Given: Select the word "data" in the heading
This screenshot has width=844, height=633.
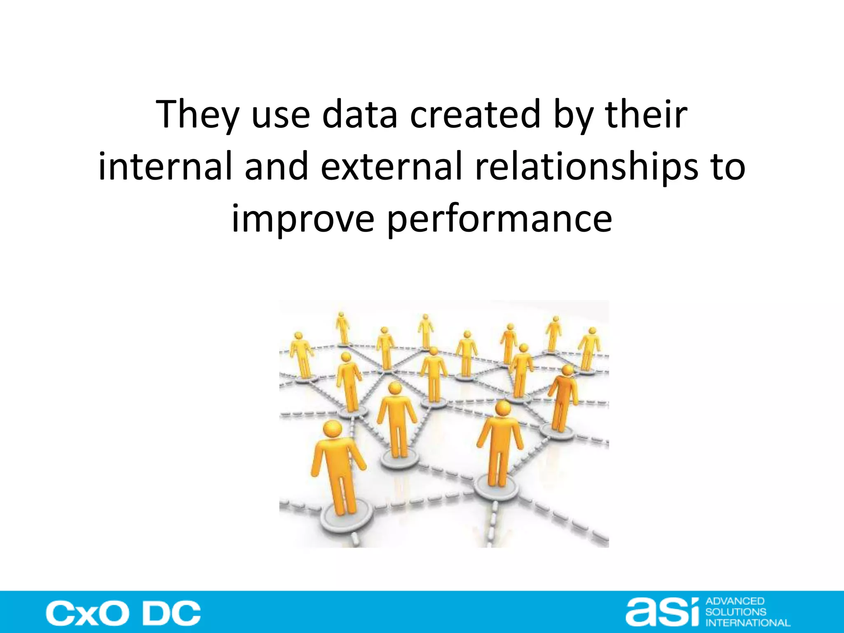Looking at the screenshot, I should (x=359, y=114).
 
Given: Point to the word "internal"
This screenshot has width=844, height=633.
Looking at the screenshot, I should (x=165, y=166).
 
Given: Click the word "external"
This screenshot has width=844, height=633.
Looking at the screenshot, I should (x=391, y=166).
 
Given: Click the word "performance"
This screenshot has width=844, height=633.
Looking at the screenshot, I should (x=500, y=219).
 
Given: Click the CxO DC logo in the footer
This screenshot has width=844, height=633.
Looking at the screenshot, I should (x=123, y=613).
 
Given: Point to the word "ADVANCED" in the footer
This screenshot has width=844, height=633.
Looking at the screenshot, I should (x=735, y=601).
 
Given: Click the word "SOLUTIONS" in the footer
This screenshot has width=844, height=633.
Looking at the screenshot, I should (x=736, y=612).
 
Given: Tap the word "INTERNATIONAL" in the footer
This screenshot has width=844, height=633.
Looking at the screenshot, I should (x=748, y=623).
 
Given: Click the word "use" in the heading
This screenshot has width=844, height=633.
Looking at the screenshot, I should (x=280, y=114).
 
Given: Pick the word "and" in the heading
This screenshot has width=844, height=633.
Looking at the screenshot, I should (x=277, y=166).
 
